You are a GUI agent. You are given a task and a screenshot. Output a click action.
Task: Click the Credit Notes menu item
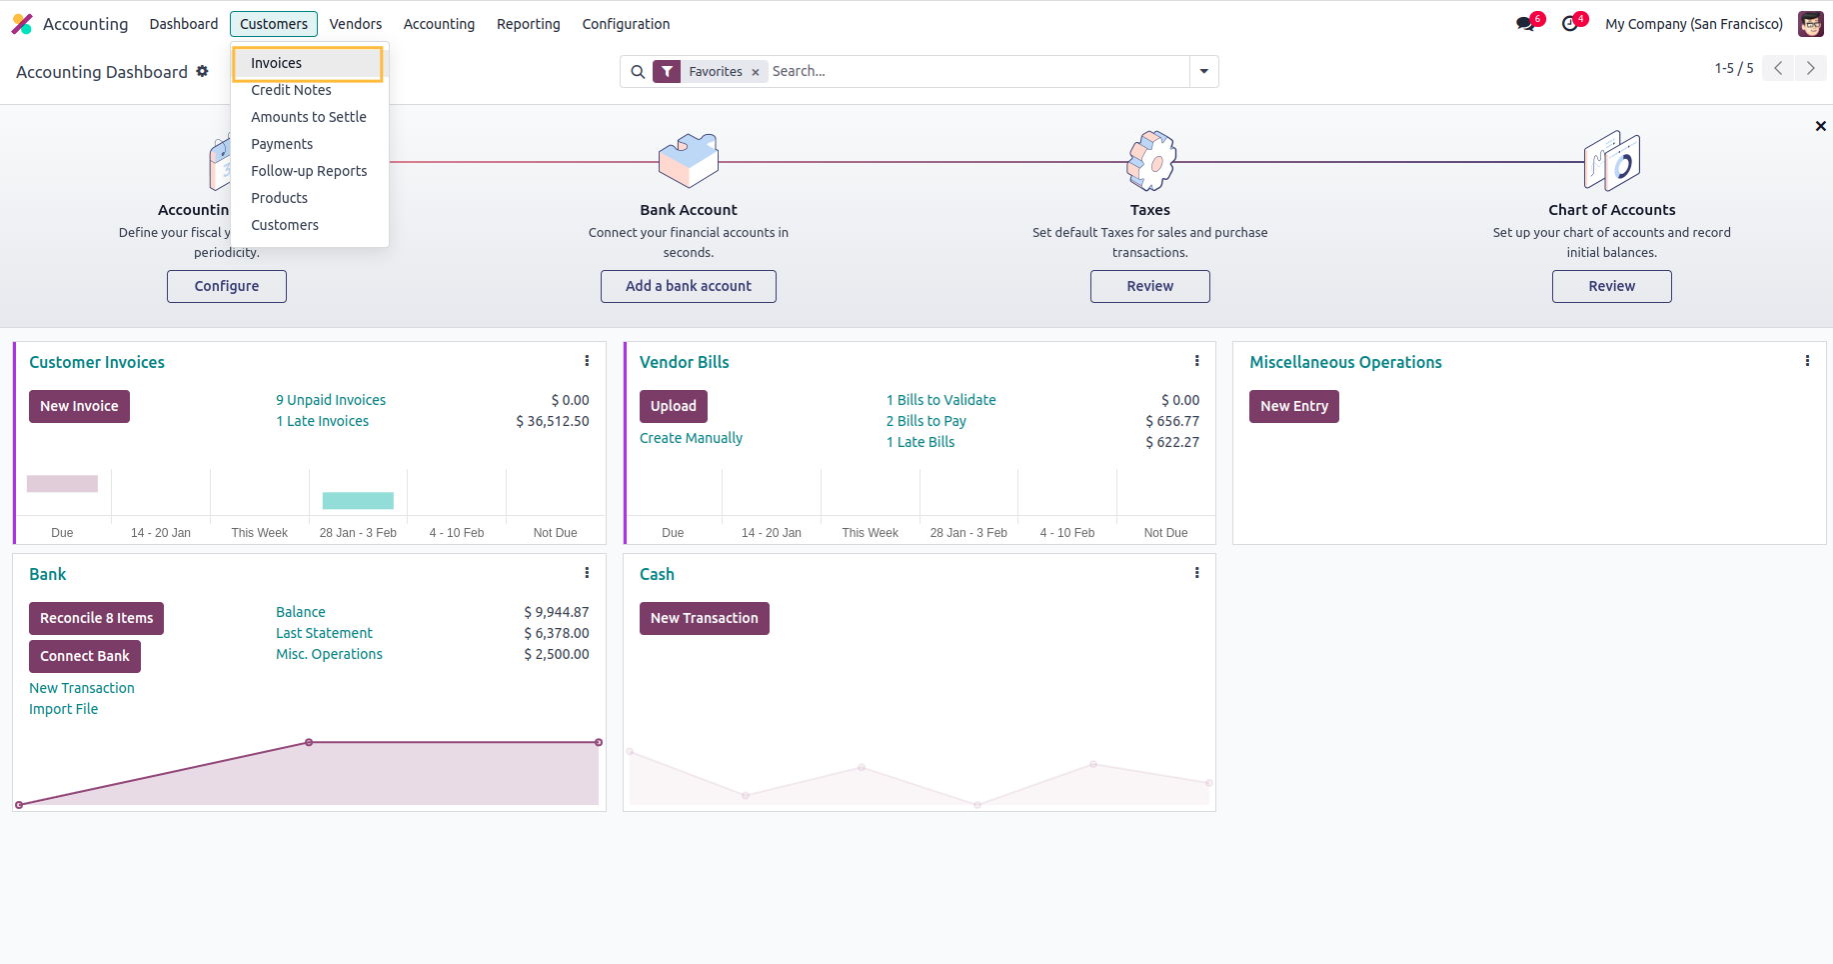pyautogui.click(x=291, y=90)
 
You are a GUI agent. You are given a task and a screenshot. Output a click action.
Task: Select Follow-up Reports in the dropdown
pyautogui.click(x=309, y=171)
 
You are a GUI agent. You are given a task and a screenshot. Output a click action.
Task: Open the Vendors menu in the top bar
pyautogui.click(x=356, y=24)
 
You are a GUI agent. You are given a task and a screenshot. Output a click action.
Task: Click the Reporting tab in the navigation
pyautogui.click(x=528, y=24)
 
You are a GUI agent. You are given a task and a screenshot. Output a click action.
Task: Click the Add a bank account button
pyautogui.click(x=688, y=286)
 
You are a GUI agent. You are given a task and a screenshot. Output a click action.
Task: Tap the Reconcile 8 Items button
pyautogui.click(x=96, y=618)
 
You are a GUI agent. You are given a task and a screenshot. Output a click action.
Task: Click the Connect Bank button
pyautogui.click(x=85, y=656)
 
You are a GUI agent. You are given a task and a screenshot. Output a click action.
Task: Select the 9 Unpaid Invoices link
pyautogui.click(x=331, y=400)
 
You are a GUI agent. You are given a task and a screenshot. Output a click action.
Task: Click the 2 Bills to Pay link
pyautogui.click(x=925, y=421)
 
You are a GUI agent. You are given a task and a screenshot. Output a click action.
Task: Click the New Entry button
pyautogui.click(x=1293, y=406)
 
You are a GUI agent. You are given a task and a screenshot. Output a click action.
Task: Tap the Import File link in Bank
pyautogui.click(x=64, y=709)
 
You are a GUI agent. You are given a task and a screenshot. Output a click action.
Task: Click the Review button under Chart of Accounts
pyautogui.click(x=1611, y=286)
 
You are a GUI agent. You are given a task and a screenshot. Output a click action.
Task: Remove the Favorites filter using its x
pyautogui.click(x=756, y=72)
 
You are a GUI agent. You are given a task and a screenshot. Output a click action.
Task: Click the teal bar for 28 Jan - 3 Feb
pyautogui.click(x=358, y=500)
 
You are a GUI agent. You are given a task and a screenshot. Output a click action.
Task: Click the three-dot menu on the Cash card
pyautogui.click(x=1196, y=573)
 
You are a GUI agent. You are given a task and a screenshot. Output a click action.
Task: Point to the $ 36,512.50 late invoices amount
pyautogui.click(x=552, y=421)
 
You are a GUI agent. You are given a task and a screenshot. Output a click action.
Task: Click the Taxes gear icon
pyautogui.click(x=1150, y=160)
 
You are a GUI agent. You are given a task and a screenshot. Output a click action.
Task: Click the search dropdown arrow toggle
pyautogui.click(x=1203, y=71)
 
